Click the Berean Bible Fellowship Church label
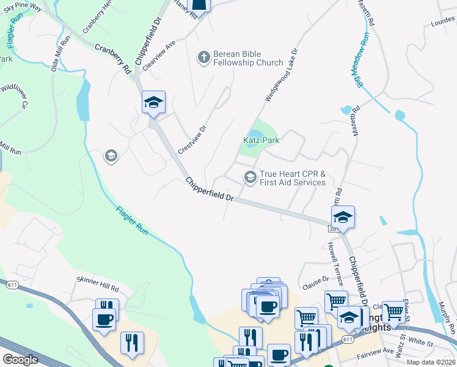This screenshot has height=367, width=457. coord(248,58)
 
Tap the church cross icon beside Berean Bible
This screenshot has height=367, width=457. coord(203,57)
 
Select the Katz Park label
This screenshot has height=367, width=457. coord(261,140)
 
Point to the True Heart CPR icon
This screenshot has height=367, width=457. coord(250,177)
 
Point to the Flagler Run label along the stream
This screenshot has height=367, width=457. coord(132,220)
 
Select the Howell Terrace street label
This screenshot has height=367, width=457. coord(334,258)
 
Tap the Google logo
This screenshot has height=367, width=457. coord(20,359)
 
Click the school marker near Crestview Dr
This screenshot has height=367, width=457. coord(153,102)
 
